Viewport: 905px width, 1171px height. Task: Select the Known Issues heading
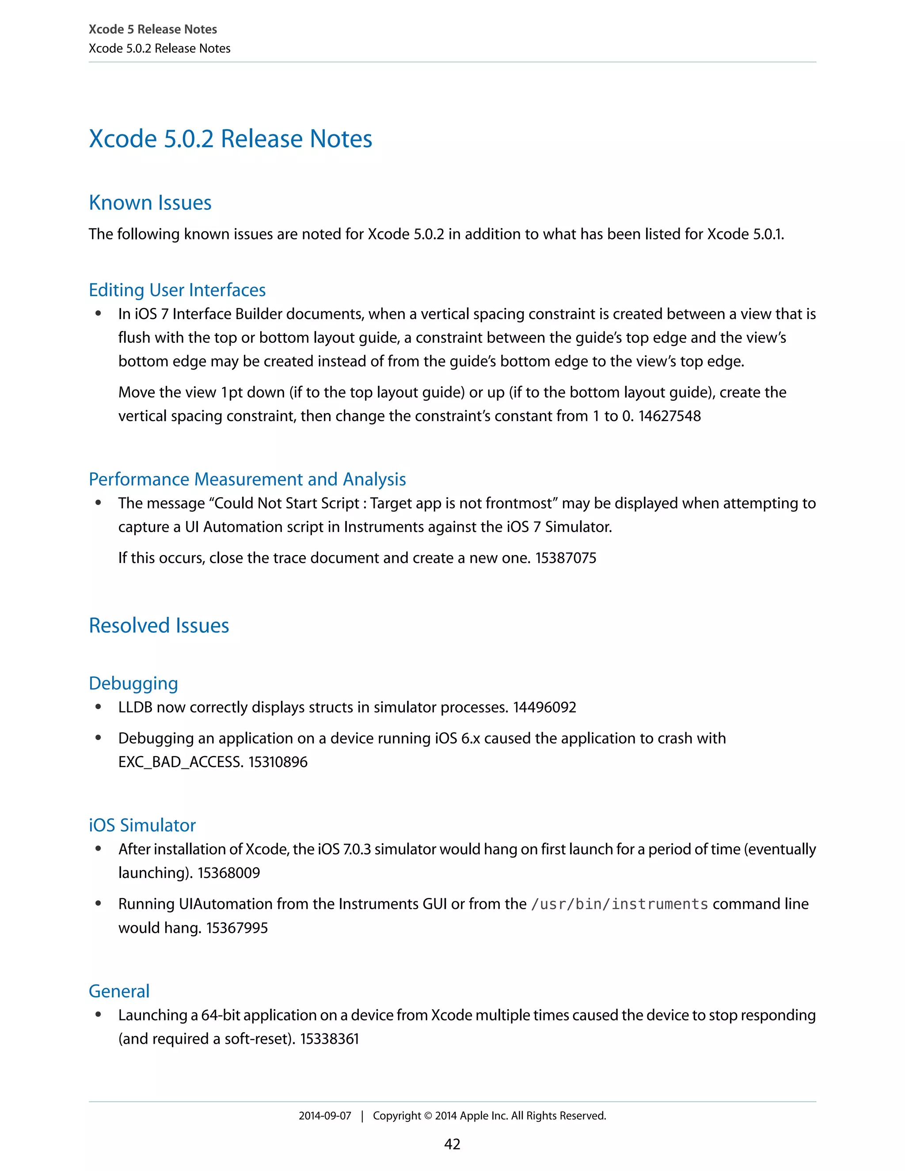(x=150, y=203)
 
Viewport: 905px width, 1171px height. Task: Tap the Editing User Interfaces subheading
(x=177, y=290)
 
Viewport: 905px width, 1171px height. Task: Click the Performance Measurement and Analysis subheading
(x=247, y=479)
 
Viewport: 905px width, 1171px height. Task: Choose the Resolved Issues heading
(x=159, y=626)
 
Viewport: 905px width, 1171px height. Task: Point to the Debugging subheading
(x=133, y=684)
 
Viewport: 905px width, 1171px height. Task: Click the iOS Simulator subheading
(x=142, y=825)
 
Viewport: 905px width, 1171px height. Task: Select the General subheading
(x=119, y=992)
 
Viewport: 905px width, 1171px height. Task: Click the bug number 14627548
(x=669, y=416)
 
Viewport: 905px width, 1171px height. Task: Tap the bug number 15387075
(x=566, y=558)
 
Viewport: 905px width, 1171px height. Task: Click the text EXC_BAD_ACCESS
(x=180, y=762)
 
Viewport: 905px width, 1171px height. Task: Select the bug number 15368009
(x=229, y=873)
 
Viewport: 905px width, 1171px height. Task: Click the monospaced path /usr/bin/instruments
(x=619, y=905)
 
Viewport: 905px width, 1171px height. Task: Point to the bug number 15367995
(x=237, y=928)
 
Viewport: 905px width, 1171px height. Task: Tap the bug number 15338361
(x=329, y=1039)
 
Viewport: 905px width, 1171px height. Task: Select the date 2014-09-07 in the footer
(x=324, y=1116)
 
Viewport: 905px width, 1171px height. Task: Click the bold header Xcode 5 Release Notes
(x=153, y=30)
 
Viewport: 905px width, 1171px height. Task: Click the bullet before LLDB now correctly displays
(x=98, y=707)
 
